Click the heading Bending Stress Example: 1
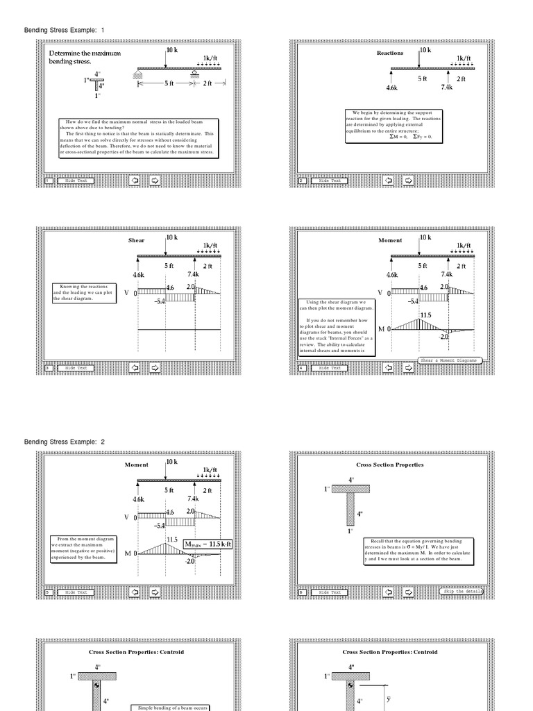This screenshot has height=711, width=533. (x=64, y=31)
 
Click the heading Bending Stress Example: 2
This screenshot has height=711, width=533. (x=64, y=442)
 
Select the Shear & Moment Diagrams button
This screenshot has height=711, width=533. (x=449, y=360)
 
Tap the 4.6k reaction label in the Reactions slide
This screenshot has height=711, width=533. (x=391, y=88)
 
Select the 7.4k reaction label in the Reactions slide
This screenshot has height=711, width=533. (x=447, y=88)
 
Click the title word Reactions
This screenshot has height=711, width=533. (x=389, y=53)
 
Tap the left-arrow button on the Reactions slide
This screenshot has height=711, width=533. (x=387, y=181)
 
